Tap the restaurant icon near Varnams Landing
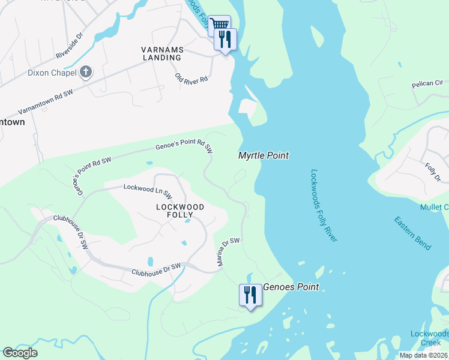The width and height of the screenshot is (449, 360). tap(226, 40)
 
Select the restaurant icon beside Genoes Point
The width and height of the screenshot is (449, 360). tap(249, 295)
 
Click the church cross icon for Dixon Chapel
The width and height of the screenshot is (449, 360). tap(86, 73)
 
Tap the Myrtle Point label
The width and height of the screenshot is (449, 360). tap(264, 155)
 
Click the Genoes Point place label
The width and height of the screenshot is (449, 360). tap(291, 287)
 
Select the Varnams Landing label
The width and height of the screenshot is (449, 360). tap(161, 53)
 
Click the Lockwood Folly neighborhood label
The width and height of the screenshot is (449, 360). tap(180, 211)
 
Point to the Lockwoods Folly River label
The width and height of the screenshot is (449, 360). tap(324, 205)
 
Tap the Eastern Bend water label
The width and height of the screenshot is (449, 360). tap(412, 233)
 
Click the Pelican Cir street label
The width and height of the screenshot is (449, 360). tap(427, 85)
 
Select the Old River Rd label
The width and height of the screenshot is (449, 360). tap(191, 79)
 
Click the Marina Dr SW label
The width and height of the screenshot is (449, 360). tap(229, 252)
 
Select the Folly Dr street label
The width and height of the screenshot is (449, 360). tap(433, 172)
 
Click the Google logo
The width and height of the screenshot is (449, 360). tap(20, 353)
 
